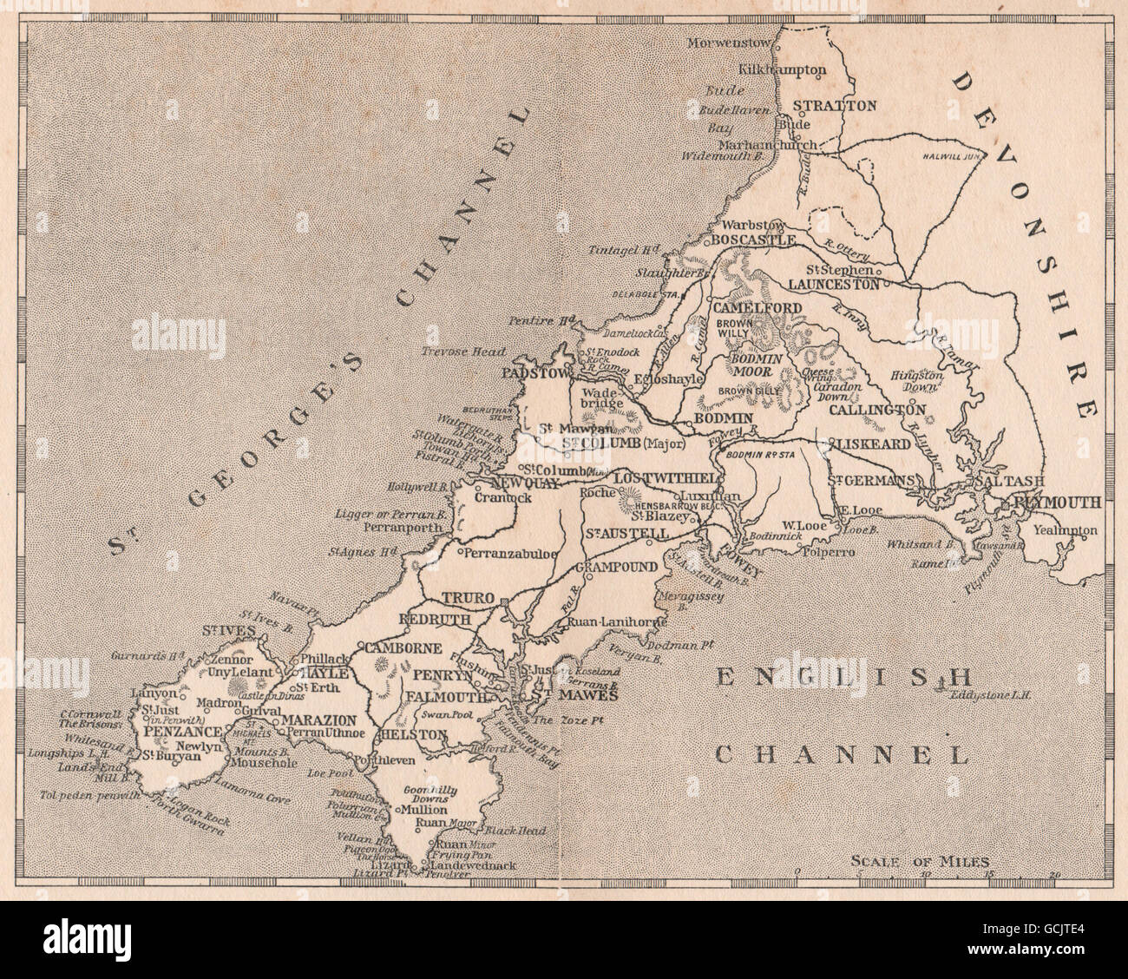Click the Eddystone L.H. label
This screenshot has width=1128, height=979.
point(994,694)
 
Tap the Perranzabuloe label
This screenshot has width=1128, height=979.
point(508,552)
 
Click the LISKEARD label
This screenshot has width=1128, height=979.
point(873,444)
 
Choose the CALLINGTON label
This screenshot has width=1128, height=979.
point(877,409)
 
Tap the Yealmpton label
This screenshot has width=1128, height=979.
point(1064,529)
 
